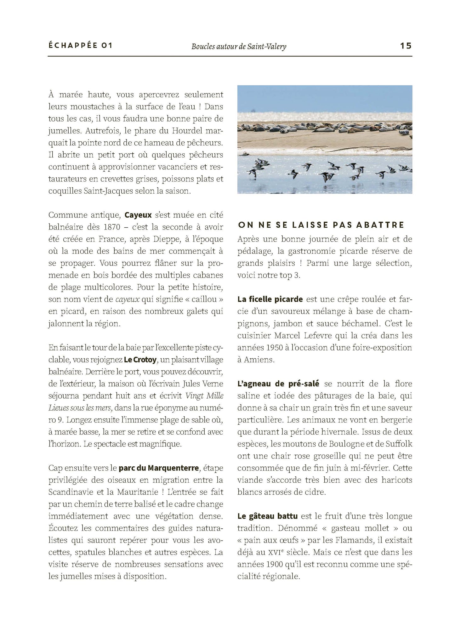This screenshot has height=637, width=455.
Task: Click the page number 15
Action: [x=406, y=46]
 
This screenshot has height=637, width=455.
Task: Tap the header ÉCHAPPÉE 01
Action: [x=80, y=46]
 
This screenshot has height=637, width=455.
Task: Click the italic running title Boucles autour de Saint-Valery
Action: [x=239, y=47]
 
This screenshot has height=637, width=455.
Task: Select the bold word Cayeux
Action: [x=138, y=215]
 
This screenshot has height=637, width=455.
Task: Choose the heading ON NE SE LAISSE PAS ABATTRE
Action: [x=321, y=225]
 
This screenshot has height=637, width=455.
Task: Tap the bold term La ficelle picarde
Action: [x=270, y=299]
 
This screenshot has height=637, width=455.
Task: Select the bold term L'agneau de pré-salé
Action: [x=278, y=384]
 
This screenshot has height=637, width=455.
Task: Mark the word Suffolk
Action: [x=398, y=444]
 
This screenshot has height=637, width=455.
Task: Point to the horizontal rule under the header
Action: [x=230, y=56]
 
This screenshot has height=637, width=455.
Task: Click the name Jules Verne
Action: [x=198, y=384]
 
